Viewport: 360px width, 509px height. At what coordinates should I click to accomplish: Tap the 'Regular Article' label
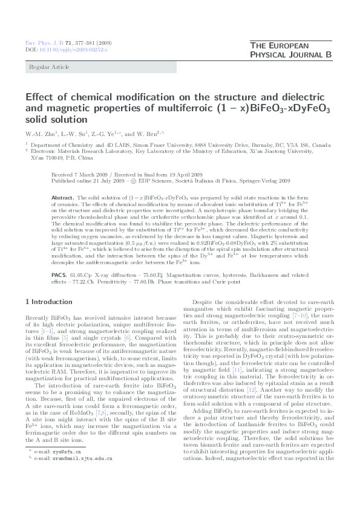click(x=45, y=67)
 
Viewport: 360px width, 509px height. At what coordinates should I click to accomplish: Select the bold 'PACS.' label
click(x=59, y=274)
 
